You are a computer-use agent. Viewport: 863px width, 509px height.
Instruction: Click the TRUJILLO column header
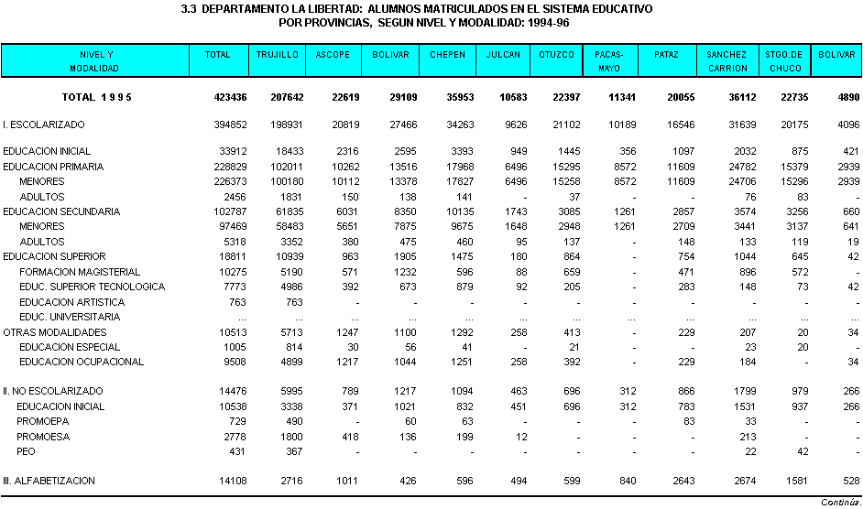tap(278, 55)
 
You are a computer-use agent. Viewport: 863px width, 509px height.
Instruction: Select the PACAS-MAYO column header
tap(608, 61)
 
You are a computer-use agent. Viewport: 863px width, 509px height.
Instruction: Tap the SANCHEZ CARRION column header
tap(727, 61)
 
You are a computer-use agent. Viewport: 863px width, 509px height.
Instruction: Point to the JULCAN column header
tap(503, 55)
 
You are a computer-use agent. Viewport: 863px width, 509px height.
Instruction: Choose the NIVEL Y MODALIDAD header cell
tap(94, 61)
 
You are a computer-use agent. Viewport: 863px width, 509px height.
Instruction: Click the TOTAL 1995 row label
tap(97, 97)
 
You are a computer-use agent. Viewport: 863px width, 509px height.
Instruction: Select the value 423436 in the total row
tap(230, 97)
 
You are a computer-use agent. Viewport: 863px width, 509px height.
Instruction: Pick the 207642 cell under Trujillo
tap(287, 97)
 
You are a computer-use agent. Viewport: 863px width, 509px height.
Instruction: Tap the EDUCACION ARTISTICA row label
tap(72, 302)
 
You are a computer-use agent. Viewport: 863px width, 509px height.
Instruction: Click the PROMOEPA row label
tap(43, 421)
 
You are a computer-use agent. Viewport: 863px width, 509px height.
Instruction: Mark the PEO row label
tap(26, 451)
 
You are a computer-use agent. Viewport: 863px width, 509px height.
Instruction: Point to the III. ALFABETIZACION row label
tap(49, 481)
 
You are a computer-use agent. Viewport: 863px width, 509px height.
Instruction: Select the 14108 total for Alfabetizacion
tap(233, 481)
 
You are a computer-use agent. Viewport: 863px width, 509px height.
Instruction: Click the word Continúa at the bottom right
tap(841, 503)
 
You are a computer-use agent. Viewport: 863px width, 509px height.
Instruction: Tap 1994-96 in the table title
tap(548, 23)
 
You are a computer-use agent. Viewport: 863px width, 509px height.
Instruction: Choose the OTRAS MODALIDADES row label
tap(55, 332)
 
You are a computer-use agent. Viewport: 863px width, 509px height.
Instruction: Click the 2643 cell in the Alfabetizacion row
tap(683, 481)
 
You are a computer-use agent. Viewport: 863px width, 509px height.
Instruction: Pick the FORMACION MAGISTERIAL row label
tap(80, 272)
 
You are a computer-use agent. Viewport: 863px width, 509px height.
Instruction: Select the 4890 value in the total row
tap(848, 97)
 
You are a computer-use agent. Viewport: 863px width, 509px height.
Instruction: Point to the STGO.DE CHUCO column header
tap(783, 61)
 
